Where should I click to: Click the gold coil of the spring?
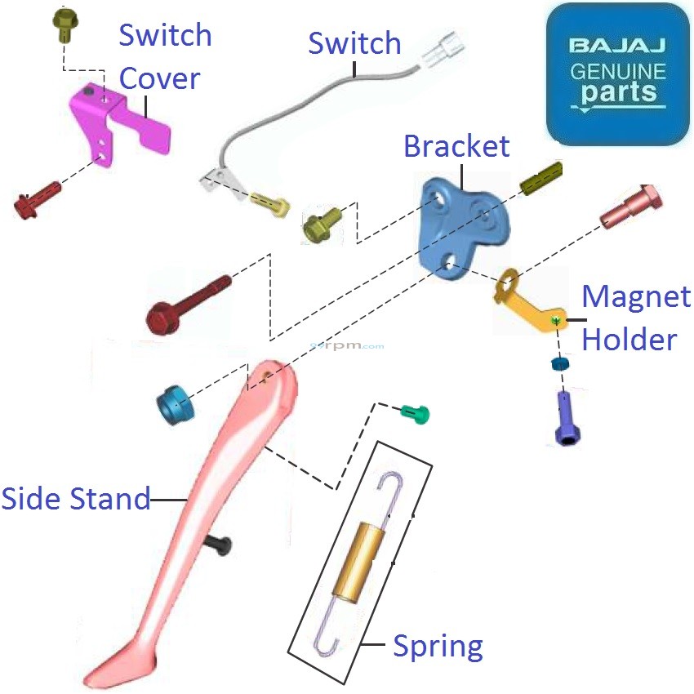point(360,559)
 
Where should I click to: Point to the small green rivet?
point(416,414)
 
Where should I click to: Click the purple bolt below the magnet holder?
point(567,417)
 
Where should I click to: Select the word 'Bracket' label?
point(456,146)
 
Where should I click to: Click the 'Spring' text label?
point(438,646)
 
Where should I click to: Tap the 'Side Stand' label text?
point(76,498)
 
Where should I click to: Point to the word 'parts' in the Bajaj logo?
point(618,91)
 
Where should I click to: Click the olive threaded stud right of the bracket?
point(541,177)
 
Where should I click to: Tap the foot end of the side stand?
point(114,665)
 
